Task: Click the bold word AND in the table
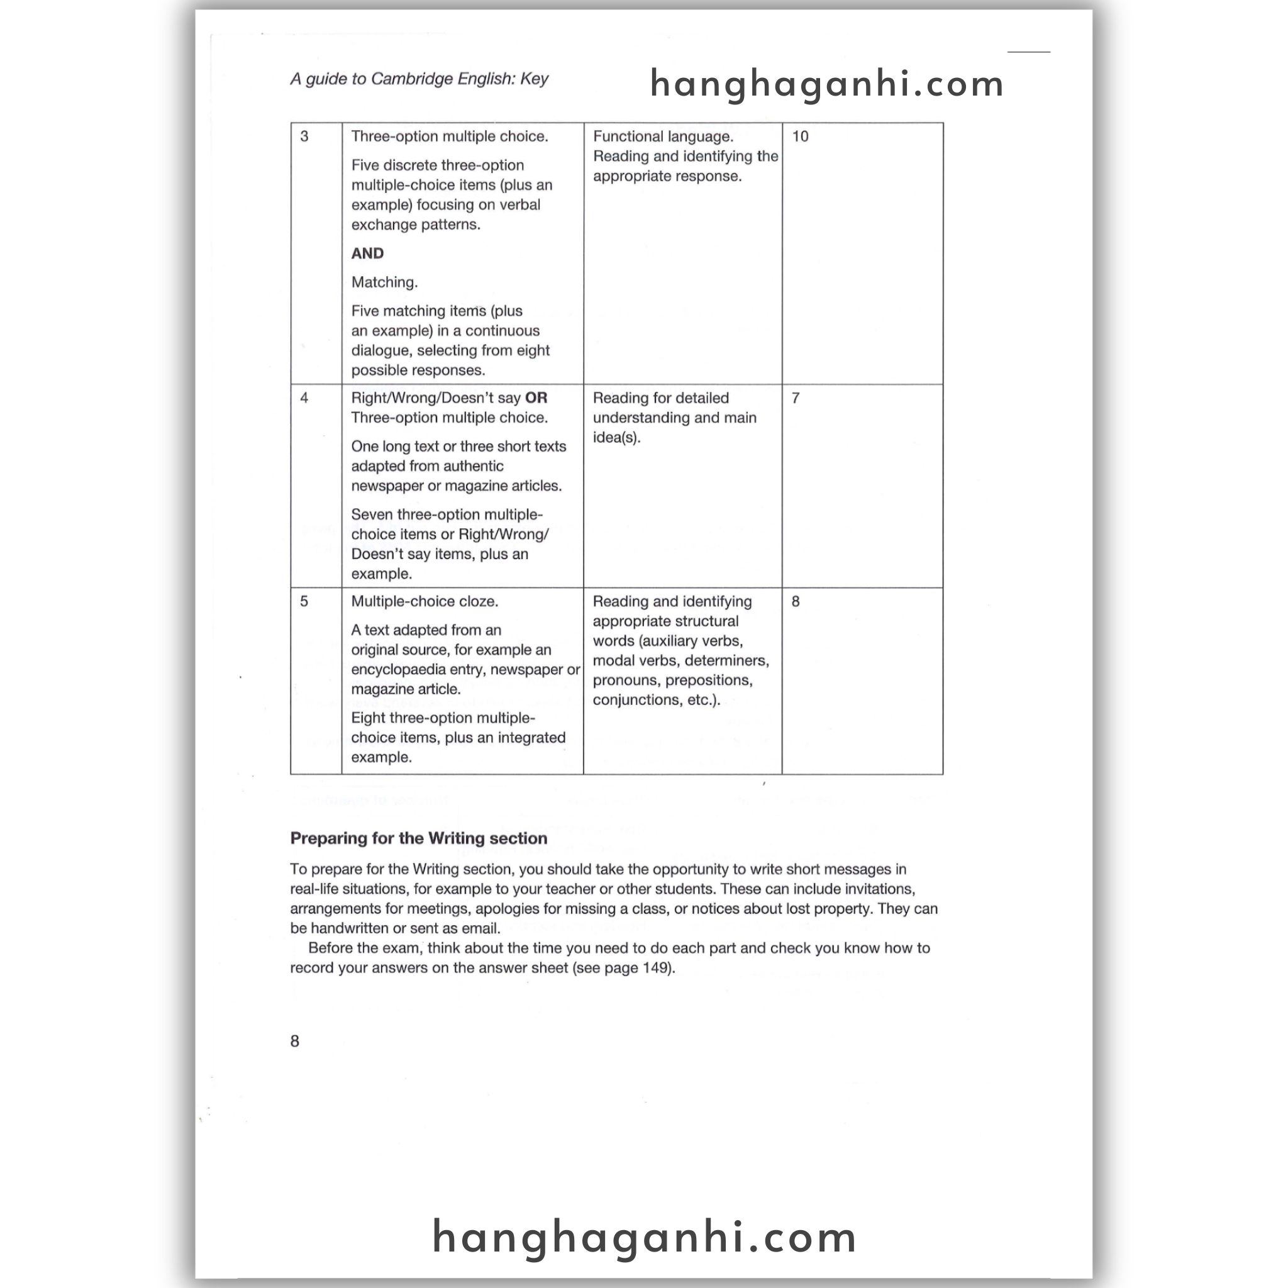click(367, 253)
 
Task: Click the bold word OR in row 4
click(536, 398)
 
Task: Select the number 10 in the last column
click(800, 136)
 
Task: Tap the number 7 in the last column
click(796, 398)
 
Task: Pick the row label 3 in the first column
click(304, 136)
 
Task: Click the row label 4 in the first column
click(304, 398)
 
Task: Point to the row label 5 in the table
click(304, 601)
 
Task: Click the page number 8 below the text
click(295, 1041)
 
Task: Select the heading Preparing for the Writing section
click(419, 839)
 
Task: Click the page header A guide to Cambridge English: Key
click(419, 79)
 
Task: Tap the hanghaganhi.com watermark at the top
click(826, 84)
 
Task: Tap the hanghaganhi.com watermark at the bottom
click(644, 1237)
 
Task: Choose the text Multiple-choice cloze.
click(425, 601)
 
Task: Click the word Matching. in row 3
click(385, 282)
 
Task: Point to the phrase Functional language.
click(663, 136)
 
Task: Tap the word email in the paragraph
click(481, 928)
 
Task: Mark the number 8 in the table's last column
click(796, 601)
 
